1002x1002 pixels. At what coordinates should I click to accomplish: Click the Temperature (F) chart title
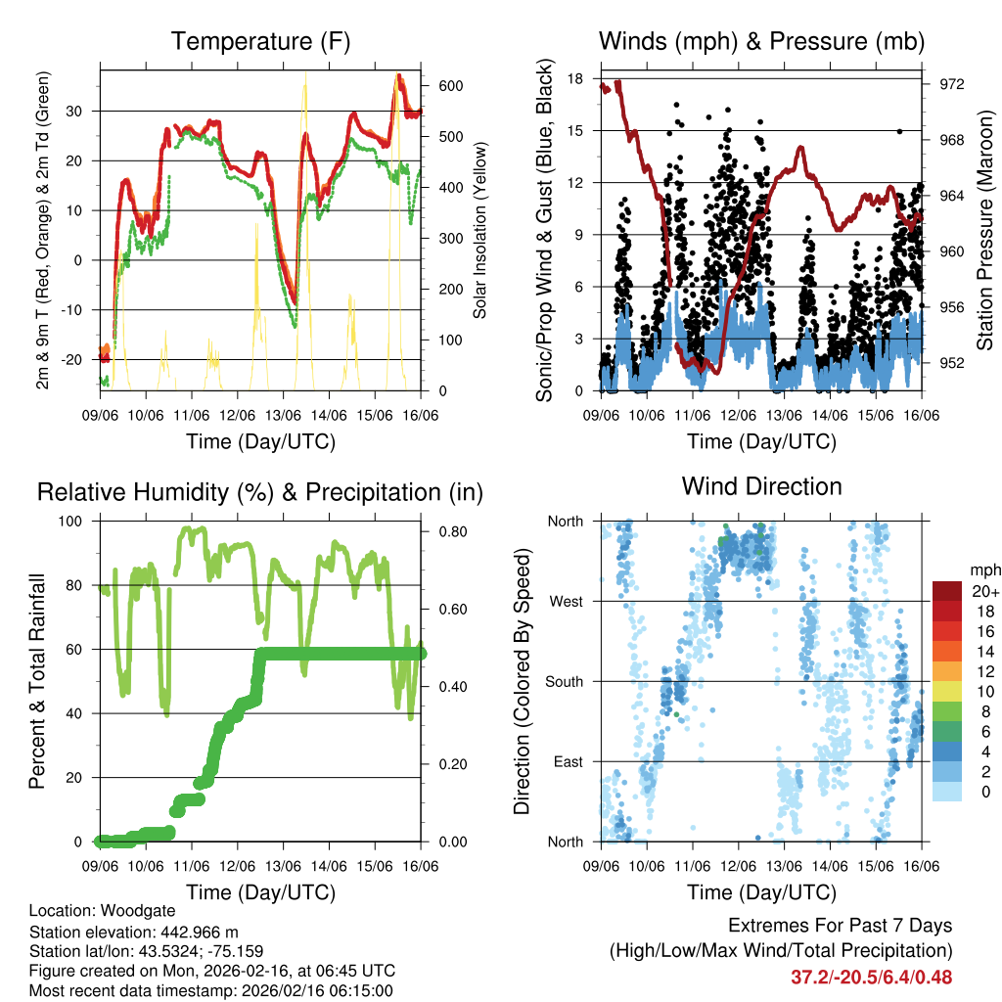pos(260,42)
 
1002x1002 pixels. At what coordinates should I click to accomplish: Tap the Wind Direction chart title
pos(761,486)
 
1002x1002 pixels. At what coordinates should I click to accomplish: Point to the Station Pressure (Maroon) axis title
pos(984,229)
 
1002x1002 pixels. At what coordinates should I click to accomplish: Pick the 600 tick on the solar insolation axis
pos(451,85)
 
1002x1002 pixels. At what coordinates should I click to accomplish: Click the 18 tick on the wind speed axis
pos(575,78)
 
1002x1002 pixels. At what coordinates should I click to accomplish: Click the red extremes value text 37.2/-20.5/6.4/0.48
pos(871,977)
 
